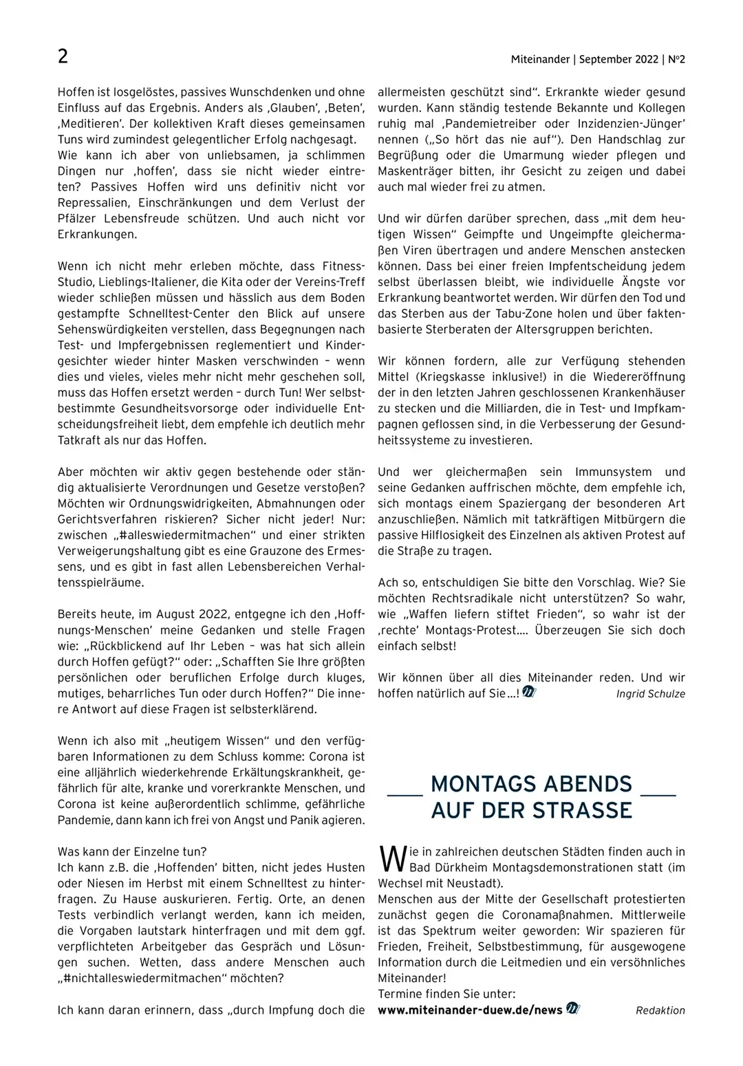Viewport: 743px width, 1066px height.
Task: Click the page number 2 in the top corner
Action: (x=63, y=56)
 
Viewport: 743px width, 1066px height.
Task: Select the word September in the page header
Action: (x=606, y=60)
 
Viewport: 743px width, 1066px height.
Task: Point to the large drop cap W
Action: (x=390, y=859)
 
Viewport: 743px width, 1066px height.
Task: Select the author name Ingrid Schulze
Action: (x=650, y=693)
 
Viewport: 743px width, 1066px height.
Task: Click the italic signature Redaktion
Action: (x=660, y=1010)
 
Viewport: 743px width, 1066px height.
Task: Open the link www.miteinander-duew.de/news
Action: (x=470, y=1010)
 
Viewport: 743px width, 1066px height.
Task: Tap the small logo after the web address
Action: (x=573, y=1009)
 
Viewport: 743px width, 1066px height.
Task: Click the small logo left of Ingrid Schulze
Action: (x=528, y=693)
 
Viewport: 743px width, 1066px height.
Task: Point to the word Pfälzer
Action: (x=79, y=219)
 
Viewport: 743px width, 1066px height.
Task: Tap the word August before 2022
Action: (x=177, y=614)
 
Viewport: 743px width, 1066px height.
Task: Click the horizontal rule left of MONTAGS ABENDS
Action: (x=405, y=796)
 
